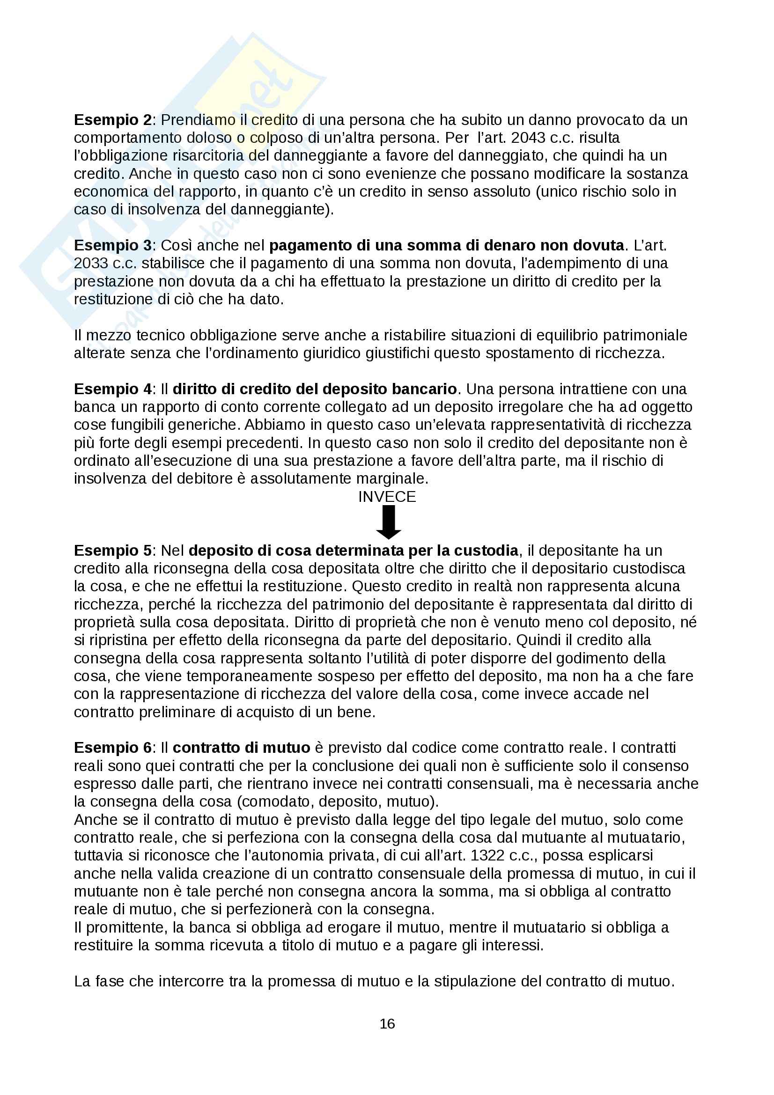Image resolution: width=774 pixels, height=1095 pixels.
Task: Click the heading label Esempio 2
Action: (x=112, y=120)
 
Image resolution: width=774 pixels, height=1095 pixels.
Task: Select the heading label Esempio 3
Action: (x=112, y=245)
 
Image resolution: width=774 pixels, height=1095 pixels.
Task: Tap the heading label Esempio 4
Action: (x=112, y=389)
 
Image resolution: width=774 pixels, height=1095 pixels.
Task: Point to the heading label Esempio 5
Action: (x=112, y=551)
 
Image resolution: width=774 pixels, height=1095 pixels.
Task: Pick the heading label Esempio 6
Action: (x=112, y=747)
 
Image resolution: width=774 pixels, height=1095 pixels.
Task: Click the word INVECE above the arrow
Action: (x=387, y=497)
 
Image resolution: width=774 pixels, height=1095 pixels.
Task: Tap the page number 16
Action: (x=387, y=1023)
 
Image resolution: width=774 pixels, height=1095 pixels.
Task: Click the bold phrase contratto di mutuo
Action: (x=241, y=747)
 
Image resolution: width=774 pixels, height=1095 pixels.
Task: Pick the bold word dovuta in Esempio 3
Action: (x=599, y=245)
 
